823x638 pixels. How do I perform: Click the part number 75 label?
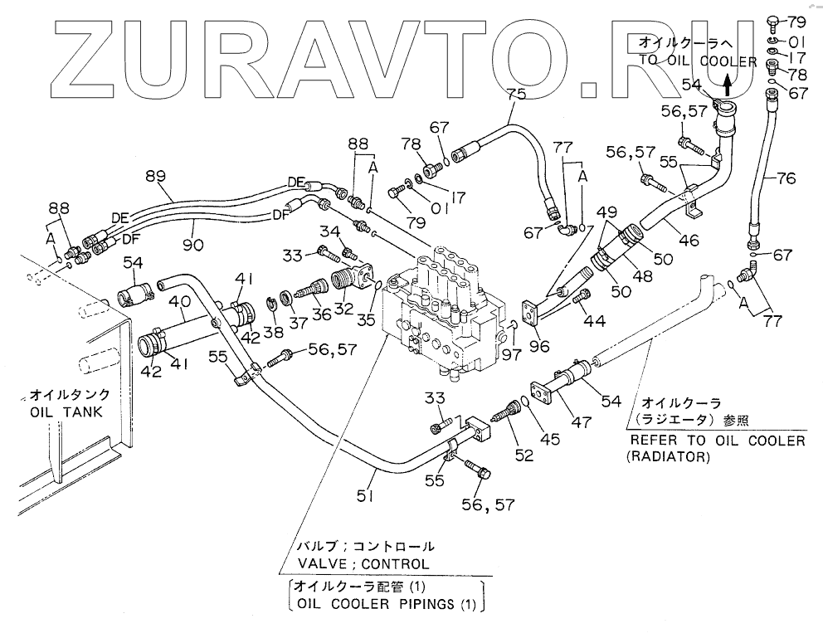pyautogui.click(x=516, y=95)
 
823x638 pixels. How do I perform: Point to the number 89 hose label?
pyautogui.click(x=156, y=176)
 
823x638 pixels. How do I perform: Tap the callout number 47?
pyautogui.click(x=580, y=421)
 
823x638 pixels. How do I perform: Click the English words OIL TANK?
pyautogui.click(x=66, y=412)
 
